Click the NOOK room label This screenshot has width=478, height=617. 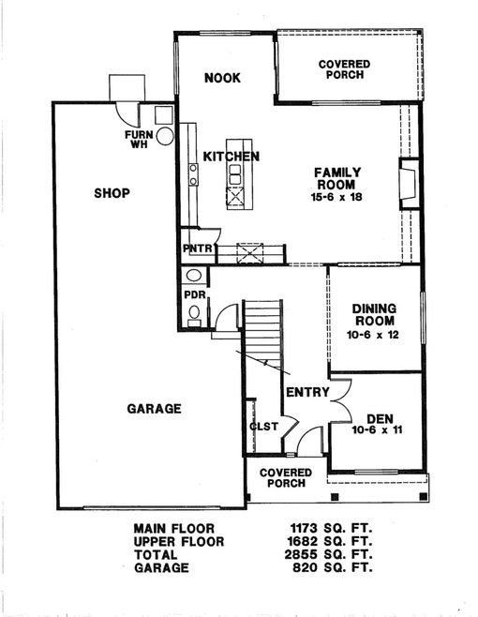(x=222, y=78)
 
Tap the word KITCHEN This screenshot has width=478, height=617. (x=231, y=157)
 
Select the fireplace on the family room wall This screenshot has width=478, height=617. (x=407, y=184)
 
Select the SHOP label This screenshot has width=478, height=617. (x=112, y=193)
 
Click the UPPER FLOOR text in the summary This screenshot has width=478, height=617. (x=174, y=541)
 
